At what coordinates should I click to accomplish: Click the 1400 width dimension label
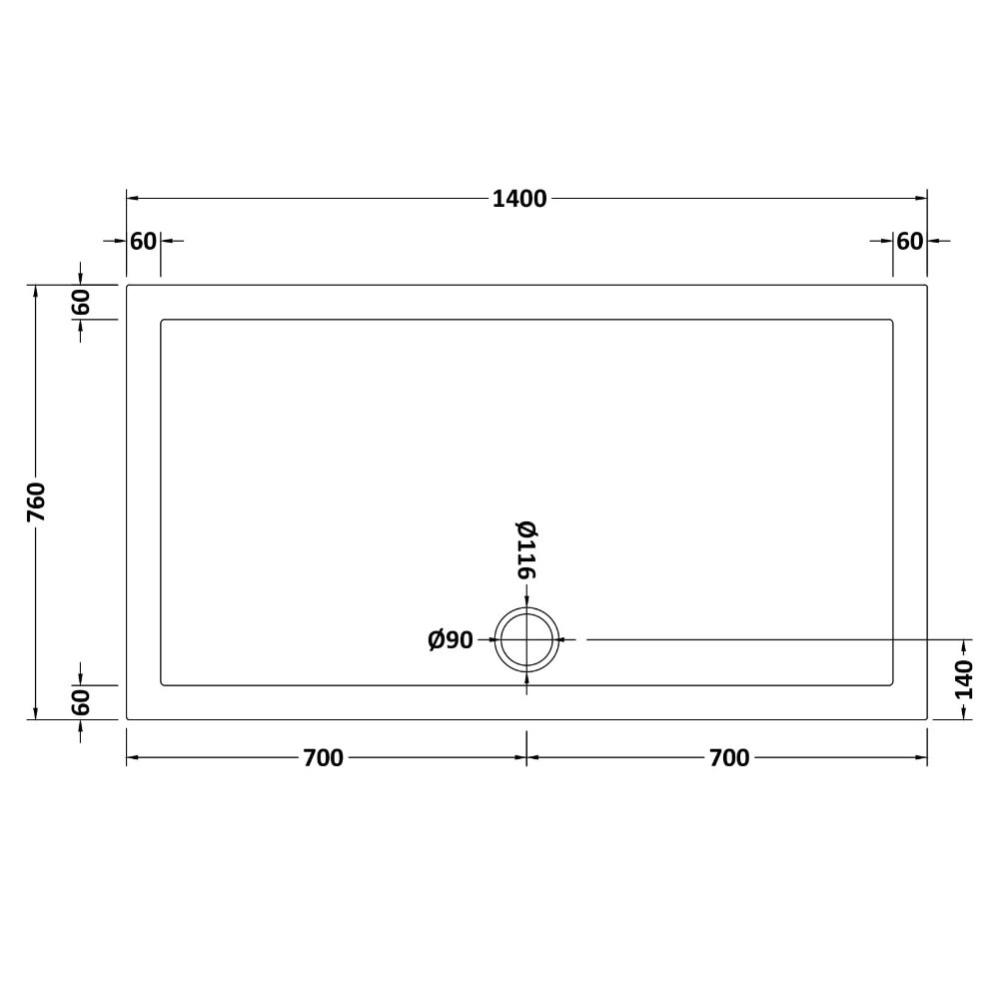[x=519, y=199]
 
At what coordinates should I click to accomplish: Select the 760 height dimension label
[x=36, y=502]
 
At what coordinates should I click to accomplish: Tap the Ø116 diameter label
[x=526, y=549]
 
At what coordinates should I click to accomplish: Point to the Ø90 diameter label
[x=451, y=639]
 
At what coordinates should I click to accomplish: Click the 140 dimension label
[x=965, y=679]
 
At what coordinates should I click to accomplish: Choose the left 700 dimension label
[x=323, y=758]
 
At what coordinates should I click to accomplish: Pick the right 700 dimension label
[x=729, y=758]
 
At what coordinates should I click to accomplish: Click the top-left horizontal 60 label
[x=143, y=242]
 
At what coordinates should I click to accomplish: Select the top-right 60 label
[x=910, y=242]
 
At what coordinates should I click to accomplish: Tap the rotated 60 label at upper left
[x=80, y=302]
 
